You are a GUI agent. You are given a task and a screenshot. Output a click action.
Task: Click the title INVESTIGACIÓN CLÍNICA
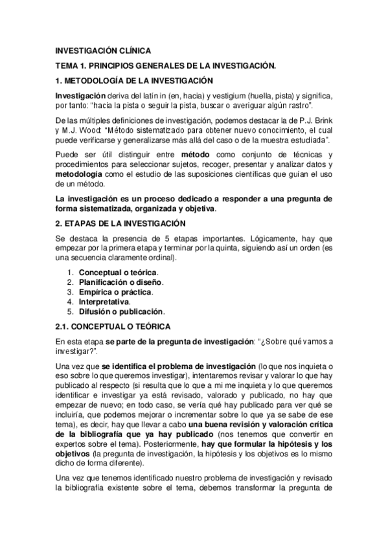tap(103, 50)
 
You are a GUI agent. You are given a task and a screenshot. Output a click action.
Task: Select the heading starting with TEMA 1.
tap(166, 65)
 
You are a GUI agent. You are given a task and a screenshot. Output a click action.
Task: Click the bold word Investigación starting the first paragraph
tap(80, 96)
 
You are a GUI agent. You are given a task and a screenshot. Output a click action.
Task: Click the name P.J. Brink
tap(303, 120)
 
